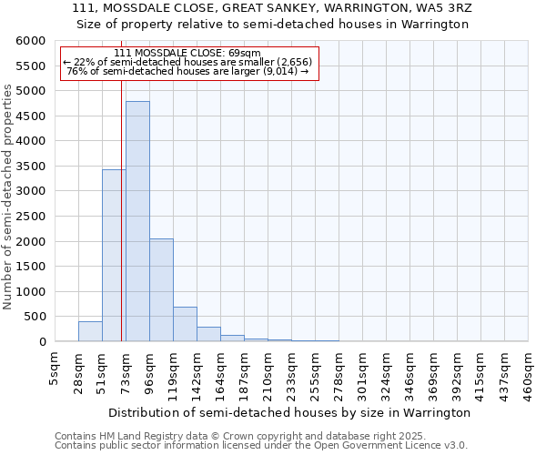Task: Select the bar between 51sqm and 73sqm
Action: pos(114,256)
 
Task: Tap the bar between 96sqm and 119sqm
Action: pos(161,290)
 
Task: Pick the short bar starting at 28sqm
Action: pos(90,331)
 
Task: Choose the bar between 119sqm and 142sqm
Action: pos(185,324)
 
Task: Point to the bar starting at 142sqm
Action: pos(208,334)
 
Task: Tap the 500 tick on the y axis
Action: pos(33,317)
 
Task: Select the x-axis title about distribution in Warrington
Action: pos(288,412)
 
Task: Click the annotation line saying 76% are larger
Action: pos(189,71)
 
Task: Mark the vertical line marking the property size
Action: pos(121,209)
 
